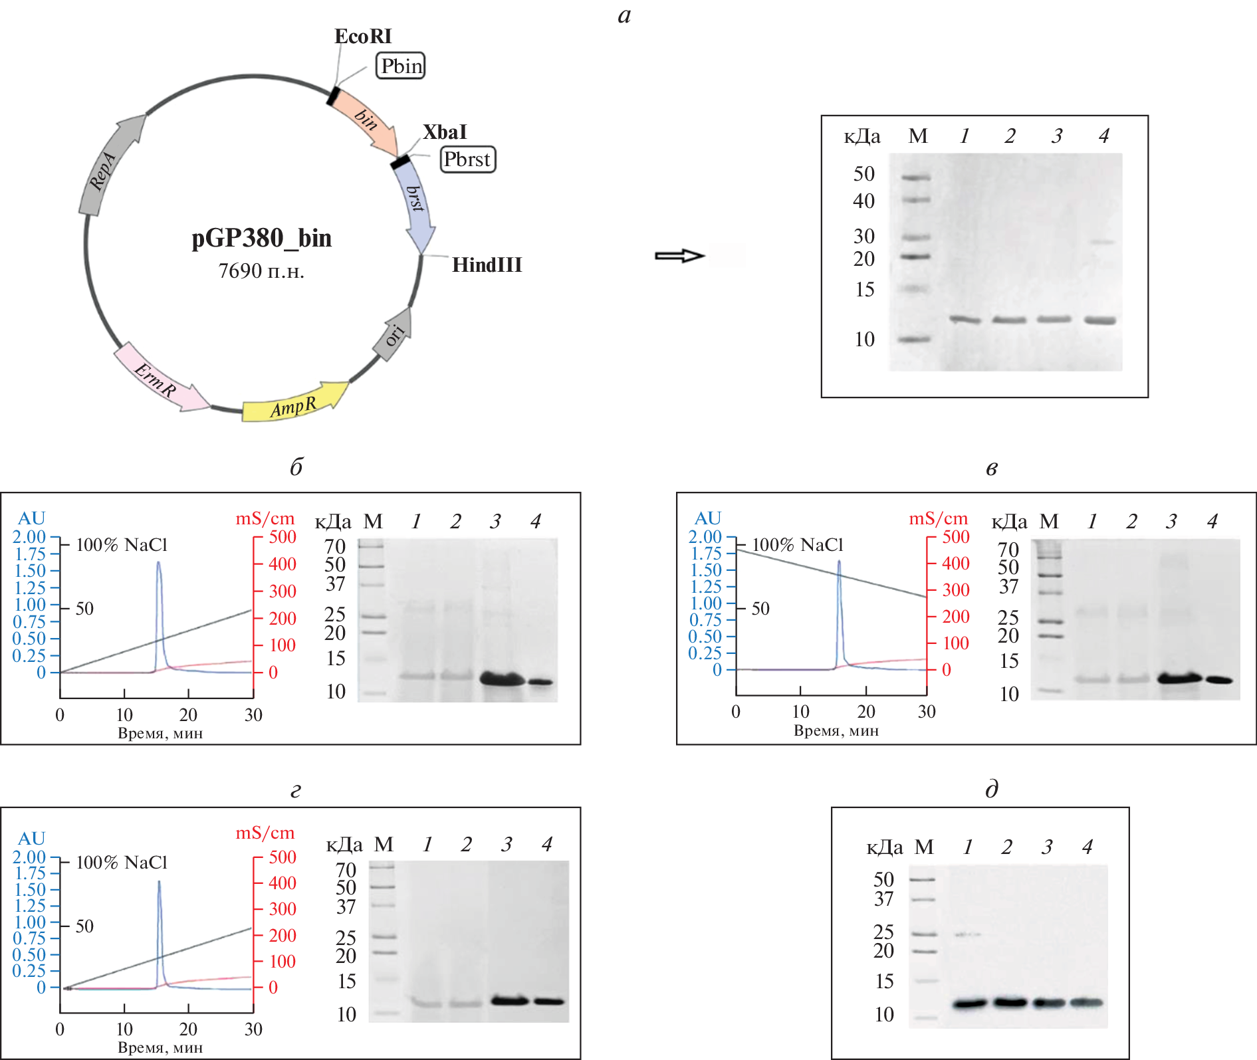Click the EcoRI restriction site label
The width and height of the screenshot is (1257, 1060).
363,37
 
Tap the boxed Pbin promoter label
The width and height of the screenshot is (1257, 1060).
401,66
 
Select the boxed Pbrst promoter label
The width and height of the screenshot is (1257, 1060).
467,159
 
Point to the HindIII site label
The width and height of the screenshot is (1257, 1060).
487,265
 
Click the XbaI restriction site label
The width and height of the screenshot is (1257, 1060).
445,132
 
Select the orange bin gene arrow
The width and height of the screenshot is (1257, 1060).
365,120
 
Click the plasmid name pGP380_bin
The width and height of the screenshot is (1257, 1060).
261,238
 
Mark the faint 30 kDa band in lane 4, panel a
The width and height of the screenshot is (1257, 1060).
1102,242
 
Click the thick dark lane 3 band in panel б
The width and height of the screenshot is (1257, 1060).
502,679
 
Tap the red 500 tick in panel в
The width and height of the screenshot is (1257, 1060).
955,536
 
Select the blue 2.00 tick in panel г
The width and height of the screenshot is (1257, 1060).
29,857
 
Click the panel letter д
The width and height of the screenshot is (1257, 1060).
991,789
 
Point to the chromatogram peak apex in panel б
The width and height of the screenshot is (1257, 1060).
158,562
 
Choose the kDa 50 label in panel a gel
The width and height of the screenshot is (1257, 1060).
863,174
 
